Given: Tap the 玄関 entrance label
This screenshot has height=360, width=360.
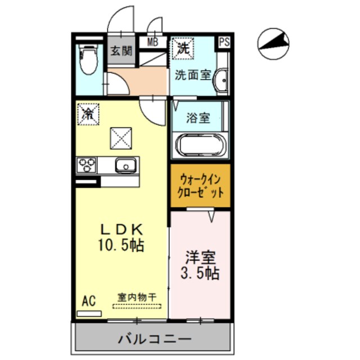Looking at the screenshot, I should coord(120,51).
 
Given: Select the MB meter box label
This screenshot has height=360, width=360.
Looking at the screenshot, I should coord(152,42).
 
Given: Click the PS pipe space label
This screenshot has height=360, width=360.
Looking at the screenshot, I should coord(224,42).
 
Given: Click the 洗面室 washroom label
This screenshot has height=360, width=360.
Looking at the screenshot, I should coord(192,74).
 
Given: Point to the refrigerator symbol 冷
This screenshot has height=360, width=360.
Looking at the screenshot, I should coord(88,114).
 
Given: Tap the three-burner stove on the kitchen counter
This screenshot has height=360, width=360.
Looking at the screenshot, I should coord(87,165).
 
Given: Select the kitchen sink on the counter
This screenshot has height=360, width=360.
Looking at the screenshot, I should coord(125,165).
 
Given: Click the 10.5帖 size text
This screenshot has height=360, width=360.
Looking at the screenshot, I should coord(121,245).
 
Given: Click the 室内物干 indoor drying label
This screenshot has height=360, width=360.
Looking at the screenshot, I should coord(137,296).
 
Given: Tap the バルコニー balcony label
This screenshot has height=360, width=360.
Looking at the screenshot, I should coord(155,339).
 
